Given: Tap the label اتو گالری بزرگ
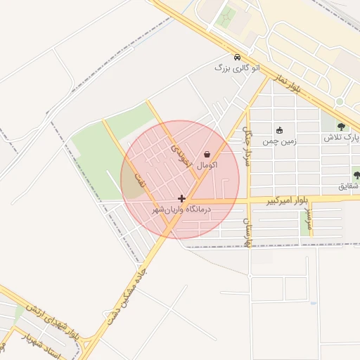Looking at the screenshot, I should coord(232,68).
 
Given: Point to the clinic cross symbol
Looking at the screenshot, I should coord(182,199).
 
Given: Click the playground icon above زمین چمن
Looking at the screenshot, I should coord(280,130).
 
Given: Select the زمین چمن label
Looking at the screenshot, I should coord(280,141).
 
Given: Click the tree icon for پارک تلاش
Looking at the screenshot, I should coord(341,127).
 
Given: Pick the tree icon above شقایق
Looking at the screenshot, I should coord(356,176).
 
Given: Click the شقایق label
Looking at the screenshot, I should coord(349,186).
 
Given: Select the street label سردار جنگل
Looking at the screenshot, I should coord(246,141).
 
